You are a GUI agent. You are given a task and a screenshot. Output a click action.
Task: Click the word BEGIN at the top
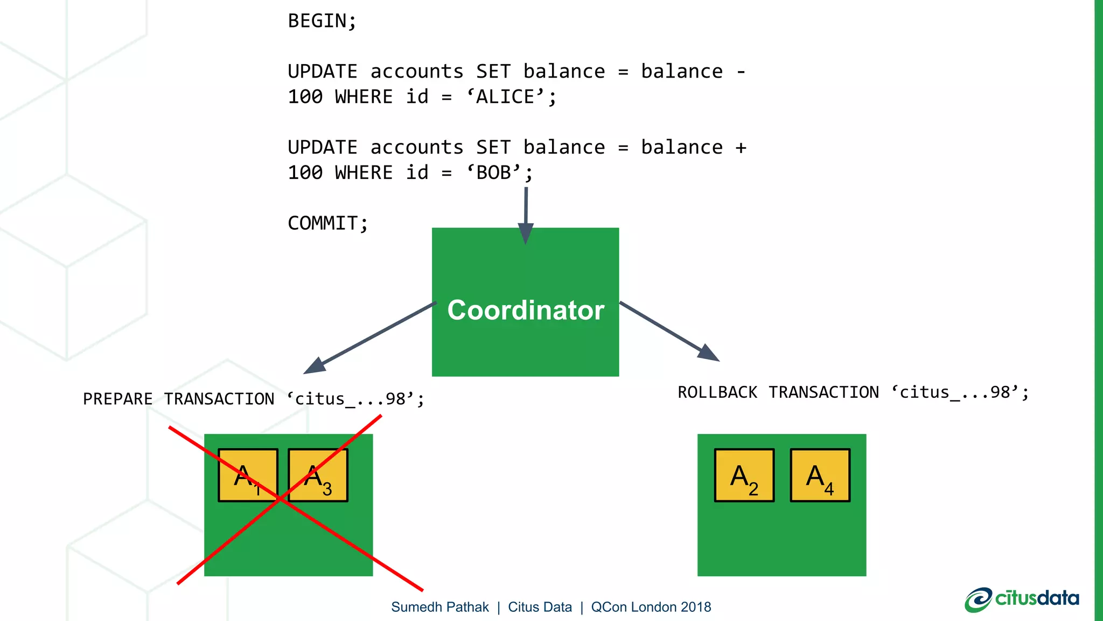(x=318, y=21)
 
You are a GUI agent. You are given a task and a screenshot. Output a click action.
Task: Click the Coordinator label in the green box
(x=526, y=310)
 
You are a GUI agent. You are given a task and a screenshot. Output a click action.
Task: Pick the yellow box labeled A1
(x=248, y=475)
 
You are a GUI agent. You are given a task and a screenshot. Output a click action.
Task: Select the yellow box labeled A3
(x=318, y=475)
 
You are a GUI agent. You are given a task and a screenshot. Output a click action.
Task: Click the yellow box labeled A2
(x=744, y=475)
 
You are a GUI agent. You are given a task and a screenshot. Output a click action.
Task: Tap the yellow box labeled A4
(x=820, y=475)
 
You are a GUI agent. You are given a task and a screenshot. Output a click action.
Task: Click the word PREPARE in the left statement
(x=118, y=399)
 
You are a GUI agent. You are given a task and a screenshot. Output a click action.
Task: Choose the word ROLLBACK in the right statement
(x=717, y=392)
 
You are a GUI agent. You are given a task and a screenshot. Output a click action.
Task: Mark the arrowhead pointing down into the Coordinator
(x=526, y=233)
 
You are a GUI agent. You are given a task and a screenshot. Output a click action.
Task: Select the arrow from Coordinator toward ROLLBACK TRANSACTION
(x=668, y=330)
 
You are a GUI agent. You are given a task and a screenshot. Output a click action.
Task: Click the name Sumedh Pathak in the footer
(x=440, y=607)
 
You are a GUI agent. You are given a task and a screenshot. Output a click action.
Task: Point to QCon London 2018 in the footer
(x=651, y=607)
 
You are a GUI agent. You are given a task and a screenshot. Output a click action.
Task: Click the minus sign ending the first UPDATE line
(x=741, y=72)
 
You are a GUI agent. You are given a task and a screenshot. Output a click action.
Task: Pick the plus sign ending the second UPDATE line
(x=741, y=148)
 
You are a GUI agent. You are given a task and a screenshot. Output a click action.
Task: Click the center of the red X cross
(x=280, y=500)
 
